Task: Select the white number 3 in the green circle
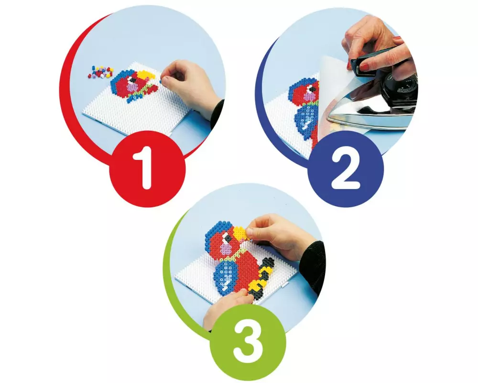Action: [x=248, y=340]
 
